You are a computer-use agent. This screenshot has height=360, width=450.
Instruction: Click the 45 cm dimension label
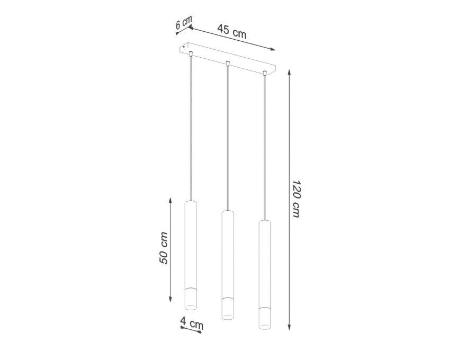[x=231, y=31]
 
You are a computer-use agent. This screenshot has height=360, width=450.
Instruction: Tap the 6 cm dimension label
[x=184, y=22]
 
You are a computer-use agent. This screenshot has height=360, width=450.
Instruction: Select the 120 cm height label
[x=296, y=199]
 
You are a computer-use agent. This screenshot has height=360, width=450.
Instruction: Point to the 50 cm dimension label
[x=163, y=248]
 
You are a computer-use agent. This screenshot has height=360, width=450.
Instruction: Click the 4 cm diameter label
[x=192, y=323]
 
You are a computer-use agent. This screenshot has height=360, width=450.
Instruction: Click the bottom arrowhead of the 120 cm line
[x=289, y=327]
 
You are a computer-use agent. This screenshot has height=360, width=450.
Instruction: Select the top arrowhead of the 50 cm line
[x=170, y=201]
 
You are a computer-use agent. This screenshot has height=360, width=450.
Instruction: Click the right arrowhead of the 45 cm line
[x=272, y=49]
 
